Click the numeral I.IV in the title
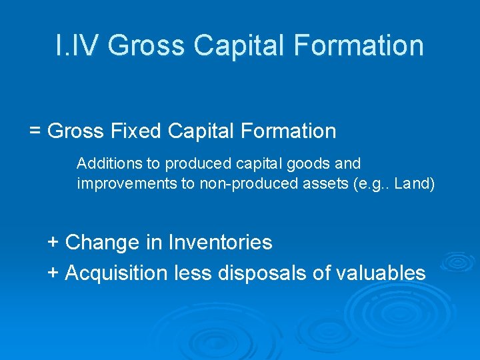tap(77, 45)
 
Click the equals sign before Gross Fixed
tap(35, 131)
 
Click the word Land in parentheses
tap(411, 183)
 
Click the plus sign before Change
tap(53, 242)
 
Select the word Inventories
tap(220, 242)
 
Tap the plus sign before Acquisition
tap(53, 272)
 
